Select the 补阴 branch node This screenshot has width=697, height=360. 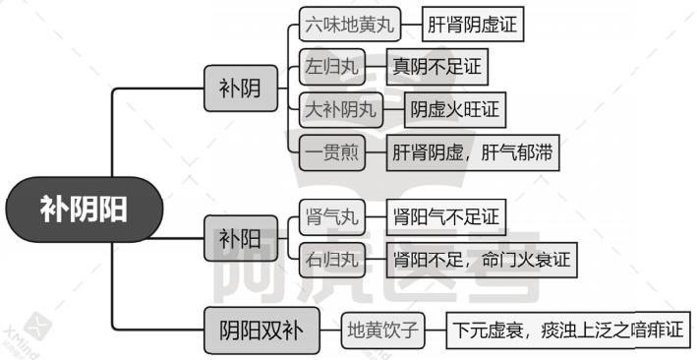[240, 90]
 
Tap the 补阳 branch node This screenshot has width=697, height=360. [240, 238]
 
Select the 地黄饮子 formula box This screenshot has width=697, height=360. [383, 330]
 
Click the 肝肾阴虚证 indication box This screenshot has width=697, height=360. [472, 26]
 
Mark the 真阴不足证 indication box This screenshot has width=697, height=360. [436, 68]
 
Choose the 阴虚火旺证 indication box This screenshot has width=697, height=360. [455, 110]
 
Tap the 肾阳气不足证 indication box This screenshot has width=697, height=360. [445, 217]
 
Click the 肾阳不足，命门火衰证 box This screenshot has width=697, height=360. [481, 260]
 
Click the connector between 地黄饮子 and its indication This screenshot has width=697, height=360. [437, 330]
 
